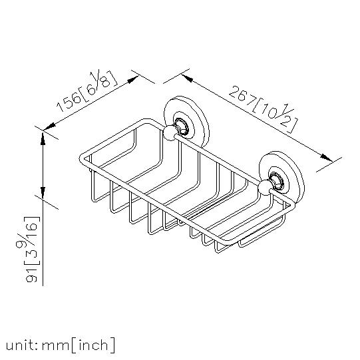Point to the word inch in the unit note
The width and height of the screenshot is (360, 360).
point(92,345)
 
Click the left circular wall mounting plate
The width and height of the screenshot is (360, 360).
point(186,122)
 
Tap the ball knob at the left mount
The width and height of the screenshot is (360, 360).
point(169,132)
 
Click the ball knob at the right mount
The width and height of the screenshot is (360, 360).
point(264,188)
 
